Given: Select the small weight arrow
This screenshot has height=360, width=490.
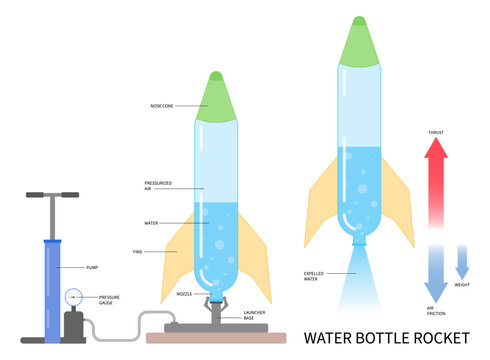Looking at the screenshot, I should [x=461, y=262].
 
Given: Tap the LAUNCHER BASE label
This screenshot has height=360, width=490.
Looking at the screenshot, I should [x=256, y=315].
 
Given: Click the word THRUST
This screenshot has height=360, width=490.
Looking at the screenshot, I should [x=436, y=131].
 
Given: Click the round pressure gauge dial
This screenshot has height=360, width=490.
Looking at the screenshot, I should [x=73, y=297].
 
